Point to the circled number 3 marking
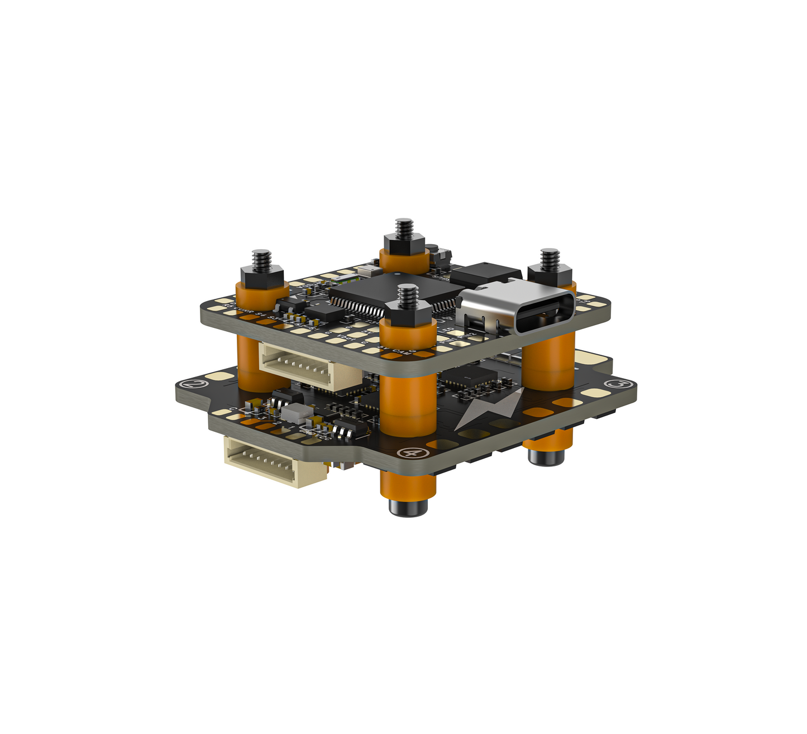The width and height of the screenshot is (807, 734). click(617, 385)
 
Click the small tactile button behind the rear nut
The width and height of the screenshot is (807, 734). click(439, 255)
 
